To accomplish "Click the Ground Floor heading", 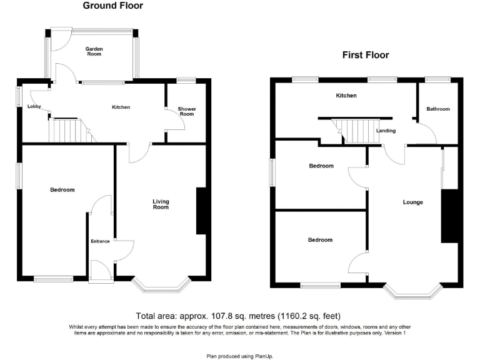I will tap(113, 6).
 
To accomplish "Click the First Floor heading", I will tap(366, 55).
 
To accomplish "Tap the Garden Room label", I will tap(94, 51).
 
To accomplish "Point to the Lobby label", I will tap(34, 107).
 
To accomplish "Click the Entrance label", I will tap(100, 241).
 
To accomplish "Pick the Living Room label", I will tap(161, 204).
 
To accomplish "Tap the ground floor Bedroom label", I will tap(62, 190).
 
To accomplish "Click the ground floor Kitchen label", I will tap(121, 107).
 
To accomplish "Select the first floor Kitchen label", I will tap(346, 96).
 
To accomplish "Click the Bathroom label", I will tap(438, 109).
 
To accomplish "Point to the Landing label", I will tap(386, 131).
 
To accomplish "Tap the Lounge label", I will tap(413, 202).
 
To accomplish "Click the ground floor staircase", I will tap(66, 131).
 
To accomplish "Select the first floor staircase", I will tap(356, 131).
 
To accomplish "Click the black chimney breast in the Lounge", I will tap(449, 216).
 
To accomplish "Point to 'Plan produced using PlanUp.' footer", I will tap(239, 356).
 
